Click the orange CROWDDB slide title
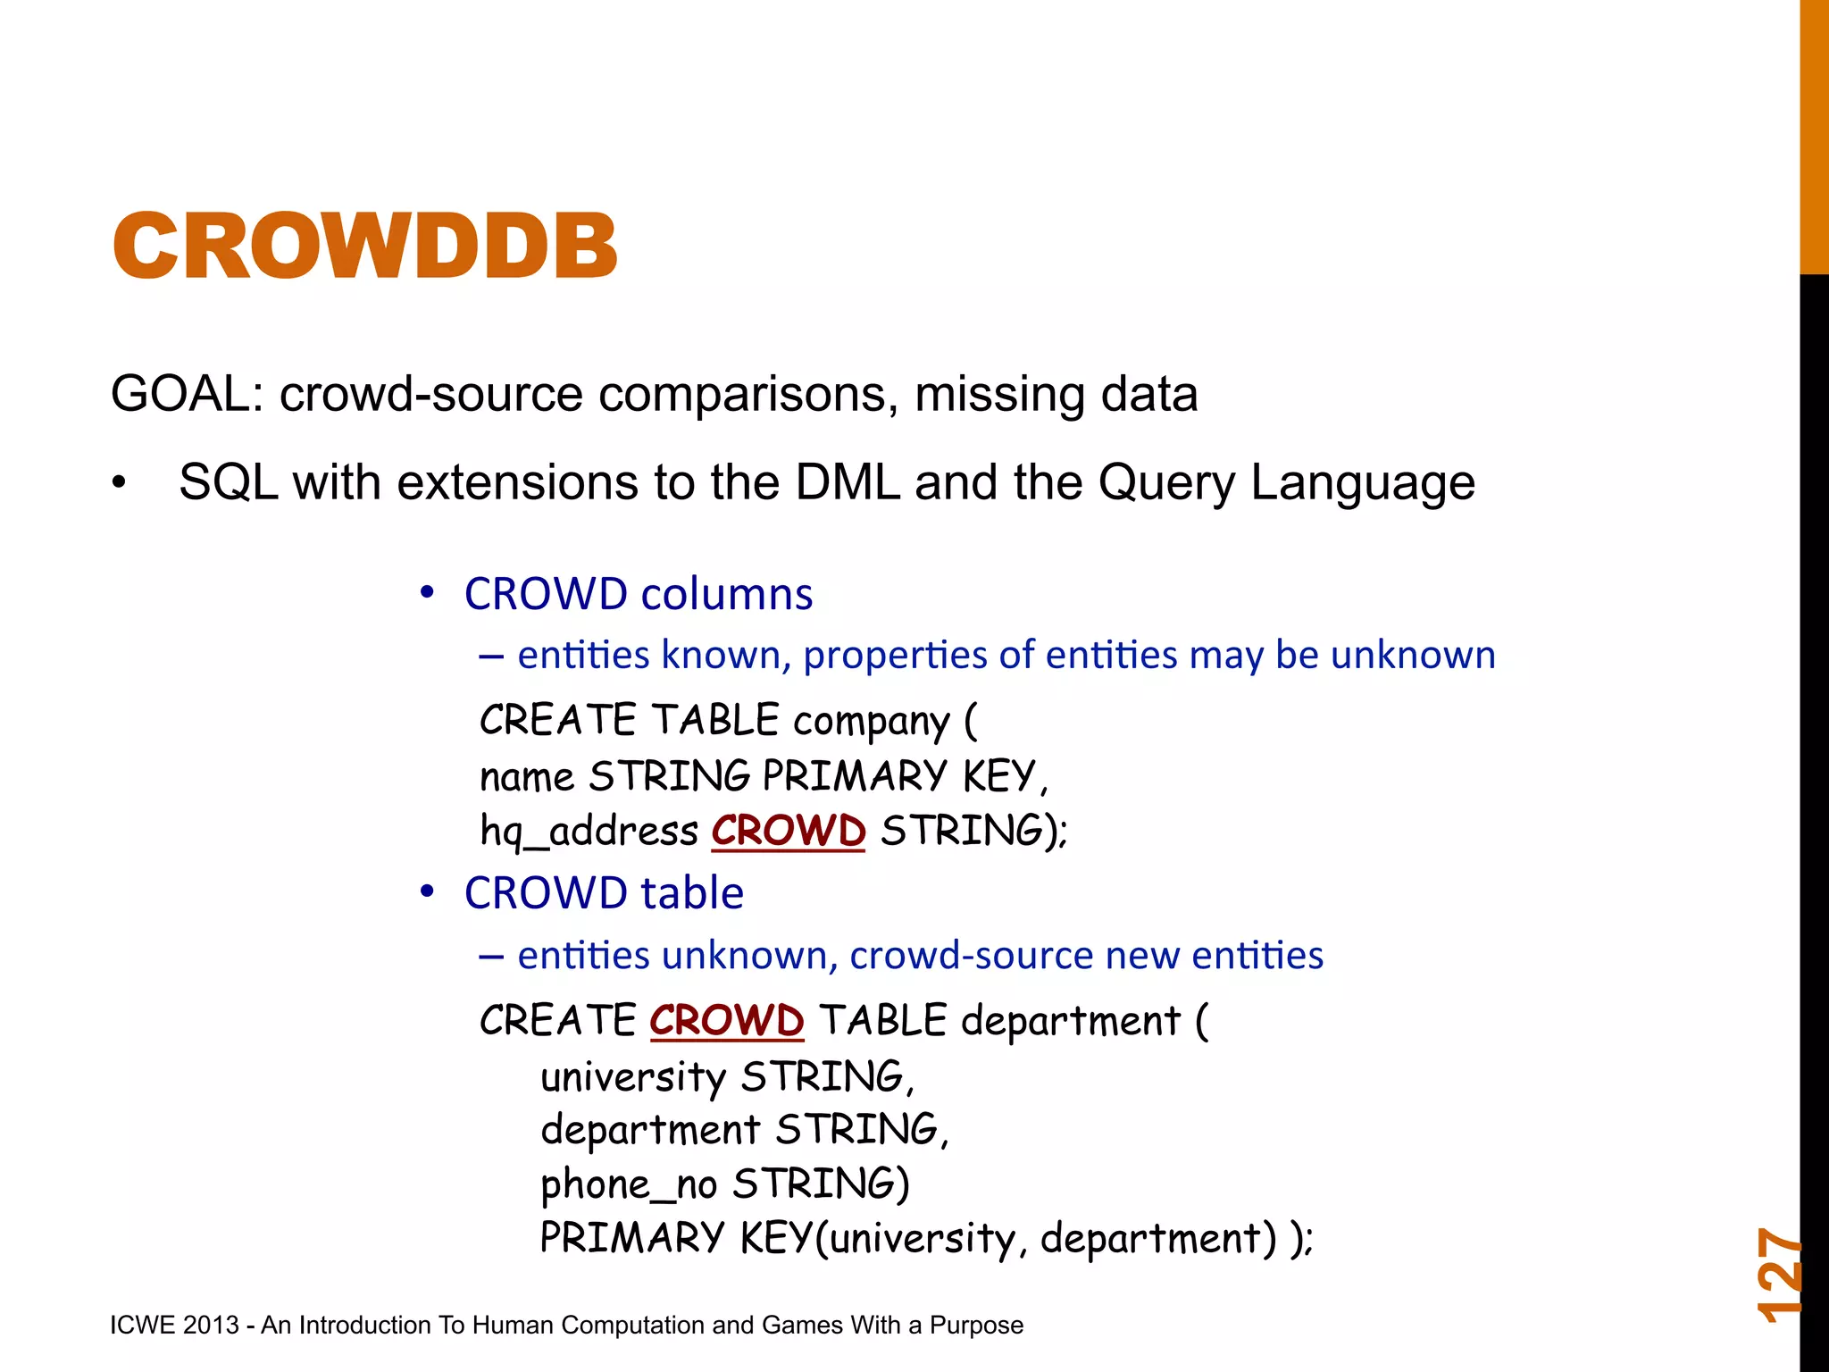(364, 246)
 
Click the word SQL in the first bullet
(228, 482)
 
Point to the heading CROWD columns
(638, 594)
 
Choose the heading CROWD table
(604, 893)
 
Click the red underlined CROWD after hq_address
(788, 831)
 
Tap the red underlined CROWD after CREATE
(726, 1020)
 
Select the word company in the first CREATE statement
(871, 722)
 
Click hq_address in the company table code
(589, 832)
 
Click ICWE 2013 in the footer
(174, 1325)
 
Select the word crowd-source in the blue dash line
(971, 956)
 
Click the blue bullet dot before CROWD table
(428, 891)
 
